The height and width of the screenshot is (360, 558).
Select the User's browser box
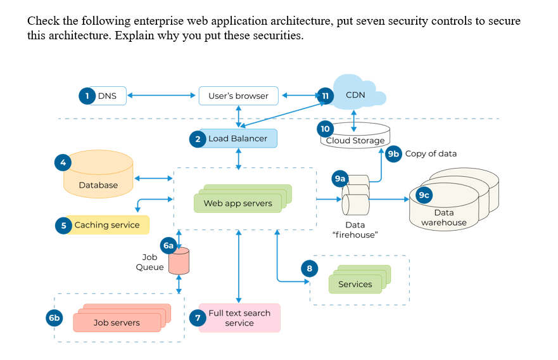point(238,96)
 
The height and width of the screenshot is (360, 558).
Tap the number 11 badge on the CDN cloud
point(325,96)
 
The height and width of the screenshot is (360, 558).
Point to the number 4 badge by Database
point(63,162)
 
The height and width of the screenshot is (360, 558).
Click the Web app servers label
point(238,203)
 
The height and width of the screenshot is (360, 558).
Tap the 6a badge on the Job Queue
point(168,245)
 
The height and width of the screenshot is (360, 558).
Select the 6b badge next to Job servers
point(54,319)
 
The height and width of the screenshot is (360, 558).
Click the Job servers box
point(117,323)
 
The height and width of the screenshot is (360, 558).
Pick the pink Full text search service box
point(239,318)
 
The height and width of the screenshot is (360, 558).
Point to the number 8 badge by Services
point(309,269)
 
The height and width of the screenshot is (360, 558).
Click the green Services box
point(355,284)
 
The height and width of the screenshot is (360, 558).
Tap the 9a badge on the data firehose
point(340,179)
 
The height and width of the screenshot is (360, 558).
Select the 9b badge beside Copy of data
point(393,153)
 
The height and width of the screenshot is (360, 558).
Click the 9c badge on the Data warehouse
point(424,195)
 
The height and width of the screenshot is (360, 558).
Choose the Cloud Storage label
point(355,141)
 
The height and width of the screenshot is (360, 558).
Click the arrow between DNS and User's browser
point(162,96)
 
